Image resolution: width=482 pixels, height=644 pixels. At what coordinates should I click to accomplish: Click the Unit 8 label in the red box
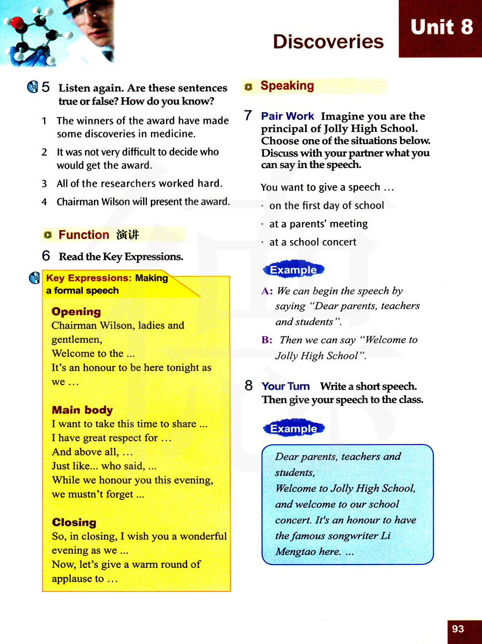(x=442, y=27)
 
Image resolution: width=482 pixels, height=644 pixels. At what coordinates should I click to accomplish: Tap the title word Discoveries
(x=328, y=42)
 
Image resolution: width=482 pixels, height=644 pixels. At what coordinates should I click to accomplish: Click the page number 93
(x=458, y=629)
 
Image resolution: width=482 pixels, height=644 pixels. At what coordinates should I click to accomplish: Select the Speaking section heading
(x=287, y=86)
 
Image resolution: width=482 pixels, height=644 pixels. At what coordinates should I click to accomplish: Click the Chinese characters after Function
(x=127, y=235)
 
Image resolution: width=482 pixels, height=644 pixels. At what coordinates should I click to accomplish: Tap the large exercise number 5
(x=46, y=87)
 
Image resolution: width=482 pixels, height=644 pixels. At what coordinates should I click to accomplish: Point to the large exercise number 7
(x=248, y=116)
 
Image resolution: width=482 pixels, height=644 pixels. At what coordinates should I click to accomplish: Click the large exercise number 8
(x=249, y=386)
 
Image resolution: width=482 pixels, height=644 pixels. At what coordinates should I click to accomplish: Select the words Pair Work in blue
(x=287, y=116)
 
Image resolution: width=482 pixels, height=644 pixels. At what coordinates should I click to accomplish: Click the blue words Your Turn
(x=285, y=386)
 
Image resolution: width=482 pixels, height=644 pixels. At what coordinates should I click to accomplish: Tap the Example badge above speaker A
(x=294, y=270)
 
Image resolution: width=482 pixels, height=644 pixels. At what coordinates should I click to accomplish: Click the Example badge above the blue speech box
(x=294, y=429)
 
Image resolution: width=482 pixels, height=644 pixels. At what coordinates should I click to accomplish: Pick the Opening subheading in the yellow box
(x=76, y=312)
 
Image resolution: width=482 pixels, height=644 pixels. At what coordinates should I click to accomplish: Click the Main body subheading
(x=82, y=410)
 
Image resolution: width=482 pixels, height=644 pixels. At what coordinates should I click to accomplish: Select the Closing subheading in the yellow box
(x=74, y=523)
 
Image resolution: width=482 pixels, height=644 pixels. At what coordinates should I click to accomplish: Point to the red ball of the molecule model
(x=17, y=23)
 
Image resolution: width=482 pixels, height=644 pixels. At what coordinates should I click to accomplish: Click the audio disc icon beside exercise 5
(x=32, y=87)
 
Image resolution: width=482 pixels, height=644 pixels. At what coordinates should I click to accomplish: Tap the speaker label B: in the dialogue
(x=267, y=340)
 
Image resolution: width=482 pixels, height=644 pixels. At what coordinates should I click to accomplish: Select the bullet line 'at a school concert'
(x=313, y=242)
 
